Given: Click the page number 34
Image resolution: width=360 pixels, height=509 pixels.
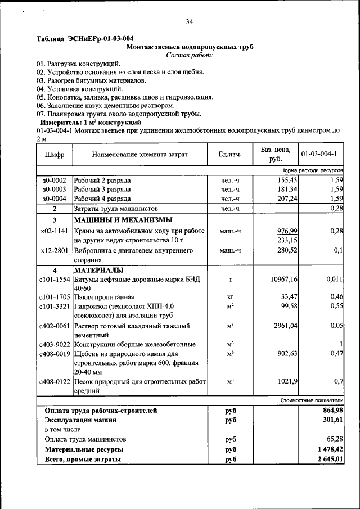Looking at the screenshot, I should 189,22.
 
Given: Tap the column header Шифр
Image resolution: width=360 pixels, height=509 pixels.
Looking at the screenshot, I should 53,154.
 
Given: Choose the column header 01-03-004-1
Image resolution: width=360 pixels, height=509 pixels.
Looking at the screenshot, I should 319,154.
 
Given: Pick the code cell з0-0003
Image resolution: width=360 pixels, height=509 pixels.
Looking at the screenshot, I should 54,190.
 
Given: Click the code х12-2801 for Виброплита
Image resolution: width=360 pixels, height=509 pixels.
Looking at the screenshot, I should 55,250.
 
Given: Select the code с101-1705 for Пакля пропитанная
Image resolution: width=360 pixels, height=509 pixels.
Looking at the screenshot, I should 55,297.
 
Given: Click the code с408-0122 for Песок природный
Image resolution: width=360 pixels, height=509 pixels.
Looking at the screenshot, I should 55,382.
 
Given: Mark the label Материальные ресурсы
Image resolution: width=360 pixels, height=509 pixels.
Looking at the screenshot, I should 84,449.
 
